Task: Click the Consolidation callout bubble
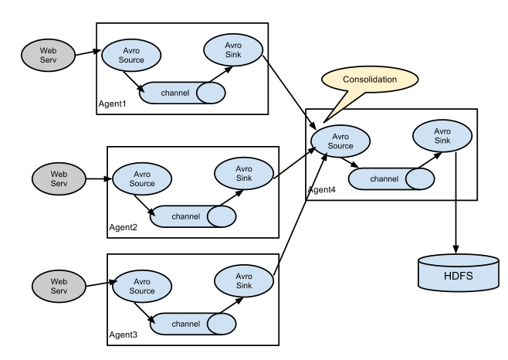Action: click(x=370, y=80)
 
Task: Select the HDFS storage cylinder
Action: click(x=459, y=273)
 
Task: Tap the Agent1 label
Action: click(x=112, y=104)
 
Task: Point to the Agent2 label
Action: click(x=123, y=227)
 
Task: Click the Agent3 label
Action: click(x=123, y=335)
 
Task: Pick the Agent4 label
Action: click(x=322, y=190)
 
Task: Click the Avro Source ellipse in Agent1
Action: click(x=131, y=56)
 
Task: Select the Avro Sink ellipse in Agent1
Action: click(x=233, y=50)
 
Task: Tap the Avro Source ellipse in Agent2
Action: click(x=142, y=178)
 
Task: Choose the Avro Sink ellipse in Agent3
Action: click(x=244, y=281)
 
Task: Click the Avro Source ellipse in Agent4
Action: click(x=340, y=141)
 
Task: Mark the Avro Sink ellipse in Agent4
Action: click(x=442, y=136)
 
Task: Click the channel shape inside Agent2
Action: click(x=193, y=216)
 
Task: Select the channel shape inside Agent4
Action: click(x=391, y=178)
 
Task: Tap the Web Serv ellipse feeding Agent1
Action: click(x=49, y=56)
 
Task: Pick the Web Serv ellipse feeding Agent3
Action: click(x=59, y=286)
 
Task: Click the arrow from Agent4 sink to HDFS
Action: click(x=456, y=202)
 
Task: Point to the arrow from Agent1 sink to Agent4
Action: click(x=290, y=92)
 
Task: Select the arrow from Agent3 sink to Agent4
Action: click(x=300, y=215)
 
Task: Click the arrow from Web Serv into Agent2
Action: click(x=99, y=178)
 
